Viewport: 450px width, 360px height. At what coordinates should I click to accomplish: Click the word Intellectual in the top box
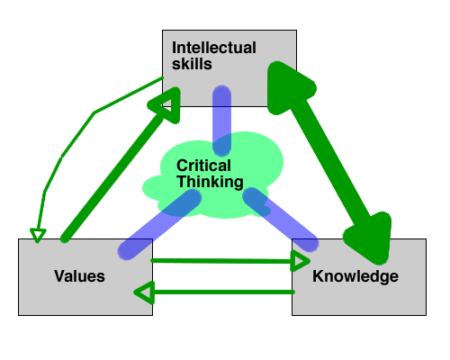[x=214, y=48]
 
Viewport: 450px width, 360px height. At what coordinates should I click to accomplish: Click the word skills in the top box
[x=192, y=64]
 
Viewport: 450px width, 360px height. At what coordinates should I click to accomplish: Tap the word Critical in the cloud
[x=203, y=166]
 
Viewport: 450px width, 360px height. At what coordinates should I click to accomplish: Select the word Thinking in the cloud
[x=210, y=182]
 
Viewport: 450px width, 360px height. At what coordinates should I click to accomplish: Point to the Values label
[x=79, y=276]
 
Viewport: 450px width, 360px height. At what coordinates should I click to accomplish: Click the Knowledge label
[x=355, y=276]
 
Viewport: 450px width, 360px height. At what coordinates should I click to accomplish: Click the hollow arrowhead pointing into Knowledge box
[x=301, y=261]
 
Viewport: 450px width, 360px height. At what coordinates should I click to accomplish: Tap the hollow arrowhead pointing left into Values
[x=144, y=292]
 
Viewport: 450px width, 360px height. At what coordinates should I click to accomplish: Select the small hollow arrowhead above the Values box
[x=38, y=235]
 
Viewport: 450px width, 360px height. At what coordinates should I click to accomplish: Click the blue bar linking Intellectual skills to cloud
[x=221, y=121]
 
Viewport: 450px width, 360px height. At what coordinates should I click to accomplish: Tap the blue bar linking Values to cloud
[x=159, y=224]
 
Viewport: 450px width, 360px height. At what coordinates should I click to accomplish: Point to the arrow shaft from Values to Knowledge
[x=221, y=261]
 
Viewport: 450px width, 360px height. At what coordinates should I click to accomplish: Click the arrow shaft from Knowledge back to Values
[x=223, y=292]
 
